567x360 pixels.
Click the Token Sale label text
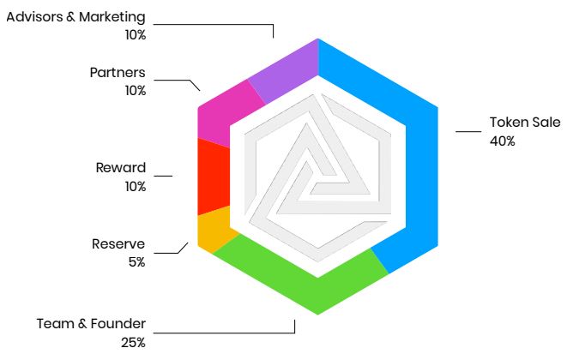(x=524, y=122)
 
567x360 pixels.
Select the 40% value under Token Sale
(x=503, y=141)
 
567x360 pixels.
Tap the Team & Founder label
(x=91, y=324)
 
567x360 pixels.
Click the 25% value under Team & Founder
(x=133, y=343)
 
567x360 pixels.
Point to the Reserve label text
(x=118, y=244)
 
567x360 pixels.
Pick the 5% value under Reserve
(x=136, y=262)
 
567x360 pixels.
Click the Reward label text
(x=121, y=167)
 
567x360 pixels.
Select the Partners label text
(x=118, y=72)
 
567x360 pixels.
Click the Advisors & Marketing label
(x=75, y=17)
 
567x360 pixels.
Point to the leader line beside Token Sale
(x=467, y=131)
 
